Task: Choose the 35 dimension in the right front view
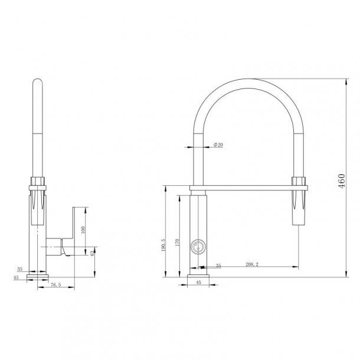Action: pos(218,266)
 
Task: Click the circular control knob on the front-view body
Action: pos(197,247)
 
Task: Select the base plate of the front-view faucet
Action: pos(198,275)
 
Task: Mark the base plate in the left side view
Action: pos(38,275)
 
